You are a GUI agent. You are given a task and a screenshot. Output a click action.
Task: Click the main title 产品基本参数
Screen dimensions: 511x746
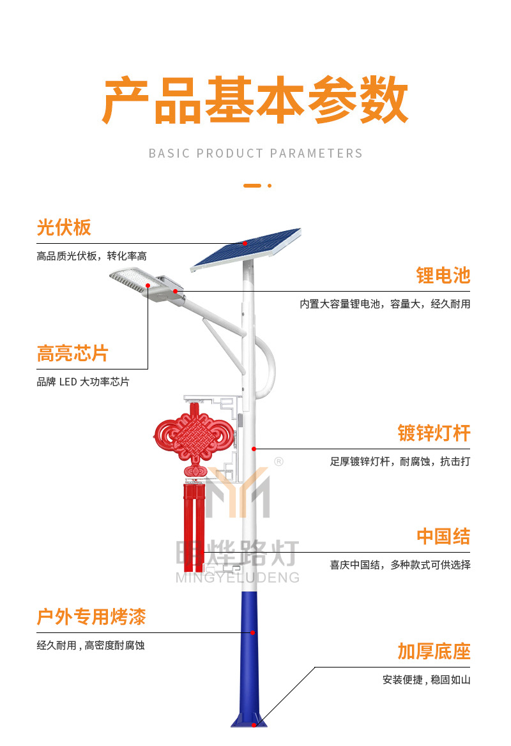(x=256, y=100)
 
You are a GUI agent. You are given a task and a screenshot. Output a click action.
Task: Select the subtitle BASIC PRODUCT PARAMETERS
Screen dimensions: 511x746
(x=256, y=153)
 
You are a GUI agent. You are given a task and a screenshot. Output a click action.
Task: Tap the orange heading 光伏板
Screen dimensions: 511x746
(x=64, y=227)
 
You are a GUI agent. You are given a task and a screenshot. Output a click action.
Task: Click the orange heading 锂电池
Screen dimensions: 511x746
(x=443, y=276)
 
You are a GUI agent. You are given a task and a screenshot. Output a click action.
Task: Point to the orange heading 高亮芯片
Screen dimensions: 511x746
(x=73, y=354)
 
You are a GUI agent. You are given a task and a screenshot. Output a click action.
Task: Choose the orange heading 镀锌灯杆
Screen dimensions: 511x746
(x=434, y=433)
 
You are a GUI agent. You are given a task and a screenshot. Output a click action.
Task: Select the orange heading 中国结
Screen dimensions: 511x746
(x=443, y=536)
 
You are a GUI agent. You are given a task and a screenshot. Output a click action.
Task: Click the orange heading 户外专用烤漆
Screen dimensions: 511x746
(x=91, y=616)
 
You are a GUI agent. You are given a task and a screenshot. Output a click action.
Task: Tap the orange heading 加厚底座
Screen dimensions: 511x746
(x=434, y=652)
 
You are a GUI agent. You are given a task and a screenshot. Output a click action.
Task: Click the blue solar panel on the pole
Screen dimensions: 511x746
(x=246, y=250)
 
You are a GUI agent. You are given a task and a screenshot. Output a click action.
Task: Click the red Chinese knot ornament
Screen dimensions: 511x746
(x=194, y=438)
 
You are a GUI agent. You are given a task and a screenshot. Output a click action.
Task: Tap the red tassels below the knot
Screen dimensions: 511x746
(x=194, y=527)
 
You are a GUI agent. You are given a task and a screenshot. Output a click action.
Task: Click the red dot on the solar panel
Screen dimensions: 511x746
(x=245, y=243)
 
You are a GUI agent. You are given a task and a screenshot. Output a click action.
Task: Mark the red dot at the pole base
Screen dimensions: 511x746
(x=254, y=725)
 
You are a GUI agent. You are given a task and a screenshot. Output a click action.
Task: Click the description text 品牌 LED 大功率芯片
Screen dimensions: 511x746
(x=83, y=382)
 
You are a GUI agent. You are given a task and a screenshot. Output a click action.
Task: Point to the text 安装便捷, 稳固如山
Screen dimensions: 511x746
(x=426, y=680)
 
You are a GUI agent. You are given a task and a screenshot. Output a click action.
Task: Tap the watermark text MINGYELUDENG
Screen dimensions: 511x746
(x=238, y=578)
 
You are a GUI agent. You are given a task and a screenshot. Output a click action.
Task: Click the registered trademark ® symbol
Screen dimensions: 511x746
(x=279, y=461)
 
